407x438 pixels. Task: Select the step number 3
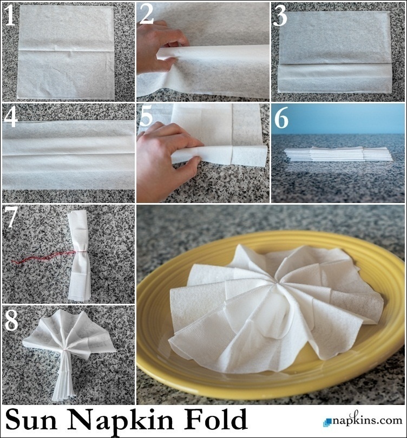[x=280, y=16]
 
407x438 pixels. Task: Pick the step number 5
[x=146, y=117]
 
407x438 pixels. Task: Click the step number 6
[x=281, y=119]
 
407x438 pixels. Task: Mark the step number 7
[x=11, y=217]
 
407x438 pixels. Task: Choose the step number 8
[x=11, y=319]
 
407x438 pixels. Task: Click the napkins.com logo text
[x=367, y=420]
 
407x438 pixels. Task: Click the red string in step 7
[x=45, y=257]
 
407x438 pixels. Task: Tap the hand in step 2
[x=161, y=48]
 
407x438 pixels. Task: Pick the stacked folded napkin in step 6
[x=338, y=154]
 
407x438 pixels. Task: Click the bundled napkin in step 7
[x=79, y=256]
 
